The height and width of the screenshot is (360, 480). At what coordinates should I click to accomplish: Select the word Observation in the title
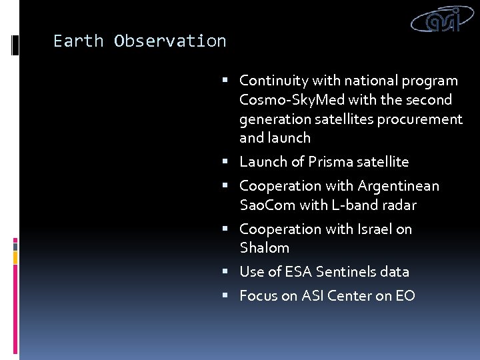coord(170,41)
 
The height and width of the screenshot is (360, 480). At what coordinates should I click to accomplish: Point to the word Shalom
coord(264,248)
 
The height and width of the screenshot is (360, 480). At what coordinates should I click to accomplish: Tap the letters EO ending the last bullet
coord(405,296)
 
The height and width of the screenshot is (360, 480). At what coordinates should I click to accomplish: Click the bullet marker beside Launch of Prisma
coord(226,162)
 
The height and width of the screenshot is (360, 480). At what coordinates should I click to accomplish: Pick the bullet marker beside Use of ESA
coord(226,272)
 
